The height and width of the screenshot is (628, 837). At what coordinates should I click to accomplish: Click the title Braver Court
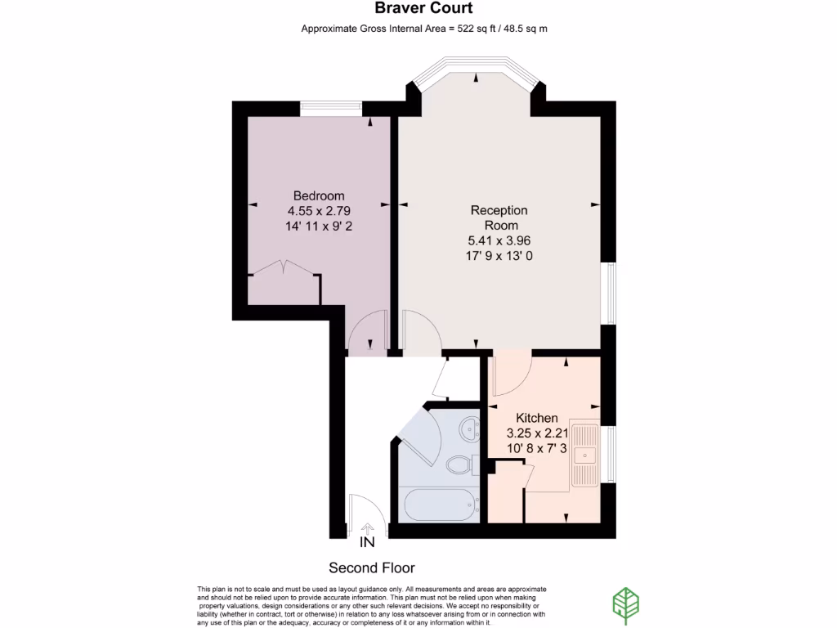tap(423, 9)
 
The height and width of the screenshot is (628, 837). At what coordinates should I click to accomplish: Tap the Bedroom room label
tap(319, 196)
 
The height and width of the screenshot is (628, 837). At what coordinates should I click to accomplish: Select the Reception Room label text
tap(499, 218)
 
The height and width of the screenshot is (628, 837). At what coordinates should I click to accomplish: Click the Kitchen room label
tap(537, 418)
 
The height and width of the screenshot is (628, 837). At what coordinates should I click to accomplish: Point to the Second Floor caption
tap(372, 567)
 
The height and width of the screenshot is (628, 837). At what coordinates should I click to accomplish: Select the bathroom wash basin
tap(470, 427)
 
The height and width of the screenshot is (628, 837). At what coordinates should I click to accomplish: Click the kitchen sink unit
tap(586, 454)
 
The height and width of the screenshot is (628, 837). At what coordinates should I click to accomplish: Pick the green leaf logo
tap(626, 604)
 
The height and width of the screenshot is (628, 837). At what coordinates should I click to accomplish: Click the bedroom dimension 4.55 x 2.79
tap(319, 211)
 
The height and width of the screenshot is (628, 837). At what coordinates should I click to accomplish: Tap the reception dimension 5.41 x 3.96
tap(499, 240)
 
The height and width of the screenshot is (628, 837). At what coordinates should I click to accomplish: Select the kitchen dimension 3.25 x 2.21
tap(537, 433)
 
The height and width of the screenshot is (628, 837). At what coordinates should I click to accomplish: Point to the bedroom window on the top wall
tap(331, 106)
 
